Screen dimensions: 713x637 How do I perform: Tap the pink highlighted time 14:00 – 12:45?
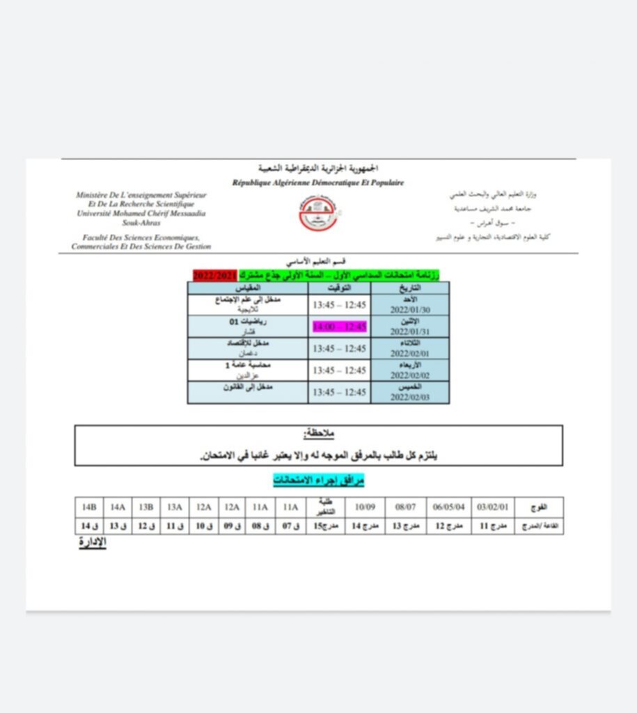[x=339, y=327]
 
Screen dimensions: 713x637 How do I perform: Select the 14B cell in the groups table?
[x=89, y=508]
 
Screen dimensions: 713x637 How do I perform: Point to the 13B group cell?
[x=147, y=508]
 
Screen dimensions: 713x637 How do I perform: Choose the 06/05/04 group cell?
[x=448, y=508]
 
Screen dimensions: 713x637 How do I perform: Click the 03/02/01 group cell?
[x=493, y=508]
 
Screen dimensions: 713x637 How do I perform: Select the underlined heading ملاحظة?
[x=319, y=434]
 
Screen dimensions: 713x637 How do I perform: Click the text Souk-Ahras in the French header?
[x=141, y=223]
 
